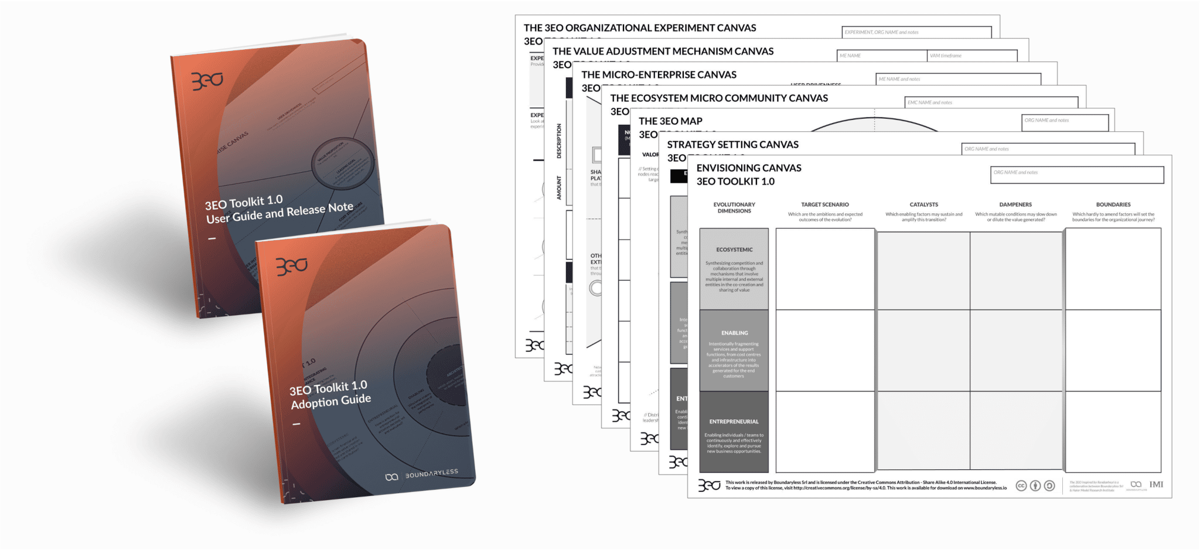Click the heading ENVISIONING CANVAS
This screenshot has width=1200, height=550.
coord(748,168)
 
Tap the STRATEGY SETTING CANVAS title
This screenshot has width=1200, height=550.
coord(732,145)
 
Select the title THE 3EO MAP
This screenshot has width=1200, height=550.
coord(670,121)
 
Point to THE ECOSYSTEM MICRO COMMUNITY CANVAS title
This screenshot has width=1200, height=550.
coord(719,98)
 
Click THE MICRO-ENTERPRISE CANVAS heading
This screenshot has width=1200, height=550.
coord(659,75)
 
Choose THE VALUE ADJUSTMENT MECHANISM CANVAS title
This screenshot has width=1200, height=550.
coord(663,52)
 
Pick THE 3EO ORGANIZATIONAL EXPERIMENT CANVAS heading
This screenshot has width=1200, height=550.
coord(640,28)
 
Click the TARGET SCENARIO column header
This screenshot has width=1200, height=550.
coord(824,205)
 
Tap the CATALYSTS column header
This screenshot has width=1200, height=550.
coord(923,205)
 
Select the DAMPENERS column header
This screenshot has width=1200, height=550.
coord(1015,205)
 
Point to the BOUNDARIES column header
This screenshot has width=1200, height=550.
coord(1113,205)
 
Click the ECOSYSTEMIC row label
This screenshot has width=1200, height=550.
coord(734,250)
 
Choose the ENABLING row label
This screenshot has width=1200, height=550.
coord(734,333)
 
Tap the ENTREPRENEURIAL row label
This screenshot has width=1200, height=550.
coord(734,422)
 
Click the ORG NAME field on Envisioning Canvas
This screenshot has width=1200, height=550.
coord(1076,175)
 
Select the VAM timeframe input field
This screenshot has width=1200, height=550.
coord(971,56)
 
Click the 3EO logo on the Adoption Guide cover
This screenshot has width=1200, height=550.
coord(292,266)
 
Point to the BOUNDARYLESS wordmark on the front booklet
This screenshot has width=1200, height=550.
coord(431,474)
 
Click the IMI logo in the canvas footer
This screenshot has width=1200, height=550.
coord(1156,484)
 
